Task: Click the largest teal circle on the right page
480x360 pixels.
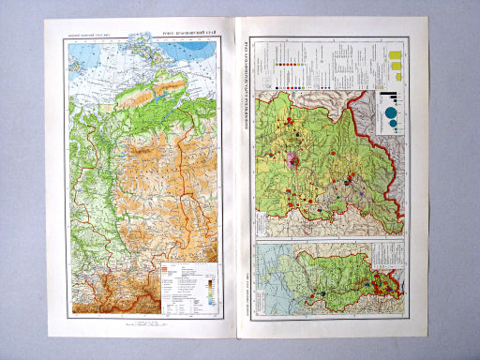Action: (390, 115)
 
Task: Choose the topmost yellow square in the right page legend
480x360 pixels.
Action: (396, 53)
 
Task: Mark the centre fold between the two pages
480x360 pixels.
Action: (240, 187)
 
